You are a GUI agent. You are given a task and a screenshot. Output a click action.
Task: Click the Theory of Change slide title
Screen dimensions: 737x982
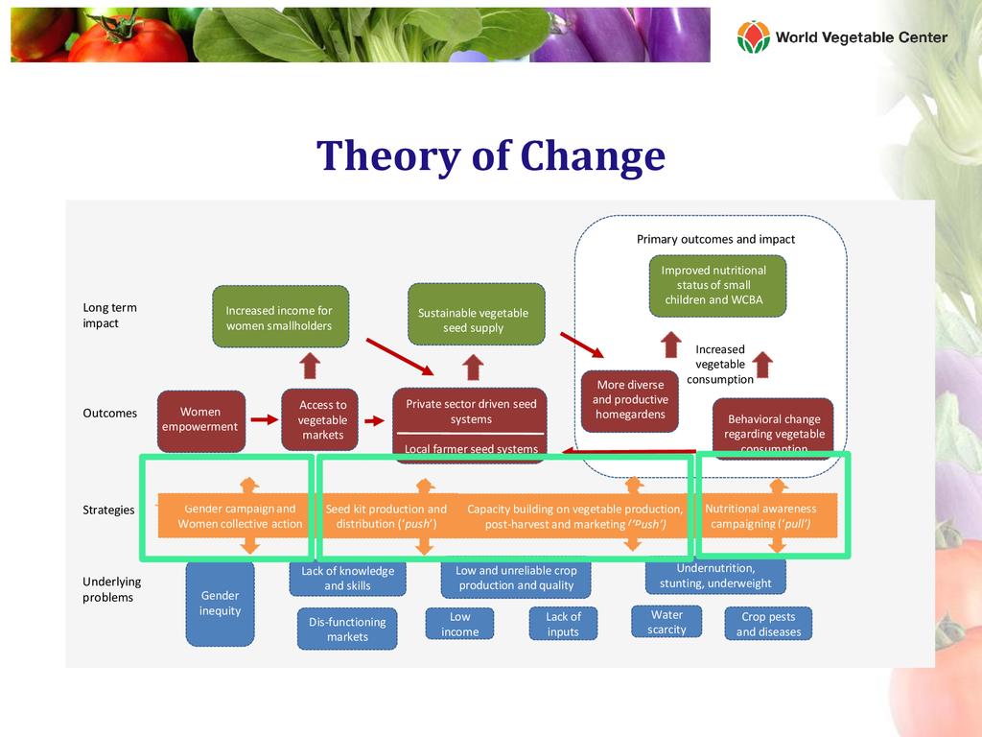[491, 156]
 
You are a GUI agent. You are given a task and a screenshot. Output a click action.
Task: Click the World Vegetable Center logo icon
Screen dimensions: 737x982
[753, 37]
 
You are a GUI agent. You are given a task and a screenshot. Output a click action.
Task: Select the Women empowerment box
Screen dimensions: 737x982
[200, 420]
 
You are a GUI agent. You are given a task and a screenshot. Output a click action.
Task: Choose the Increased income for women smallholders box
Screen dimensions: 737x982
[279, 318]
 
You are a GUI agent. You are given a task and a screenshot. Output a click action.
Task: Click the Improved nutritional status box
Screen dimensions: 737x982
[717, 285]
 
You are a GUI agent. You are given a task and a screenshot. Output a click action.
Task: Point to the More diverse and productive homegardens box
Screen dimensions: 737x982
[630, 400]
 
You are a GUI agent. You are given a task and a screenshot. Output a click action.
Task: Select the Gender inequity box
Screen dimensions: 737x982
[220, 604]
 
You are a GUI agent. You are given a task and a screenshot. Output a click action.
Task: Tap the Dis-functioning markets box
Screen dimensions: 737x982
[347, 629]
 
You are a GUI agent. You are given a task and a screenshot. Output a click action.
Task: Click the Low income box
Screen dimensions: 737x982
[460, 624]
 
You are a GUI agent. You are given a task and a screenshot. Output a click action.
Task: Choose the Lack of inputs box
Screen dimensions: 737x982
[563, 624]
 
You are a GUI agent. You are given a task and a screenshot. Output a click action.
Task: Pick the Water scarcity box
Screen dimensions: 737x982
[666, 622]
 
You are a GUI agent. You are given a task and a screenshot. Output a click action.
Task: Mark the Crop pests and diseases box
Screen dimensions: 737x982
[769, 624]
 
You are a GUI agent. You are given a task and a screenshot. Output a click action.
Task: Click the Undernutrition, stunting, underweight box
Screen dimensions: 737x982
[715, 576]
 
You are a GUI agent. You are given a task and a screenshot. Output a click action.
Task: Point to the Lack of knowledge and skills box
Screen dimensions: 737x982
[347, 578]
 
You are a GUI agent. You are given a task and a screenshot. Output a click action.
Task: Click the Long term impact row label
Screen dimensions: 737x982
[110, 316]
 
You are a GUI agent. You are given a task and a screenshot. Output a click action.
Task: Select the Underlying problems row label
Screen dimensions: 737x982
[111, 589]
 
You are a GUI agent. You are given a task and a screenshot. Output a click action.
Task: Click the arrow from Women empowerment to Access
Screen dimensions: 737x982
[263, 420]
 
